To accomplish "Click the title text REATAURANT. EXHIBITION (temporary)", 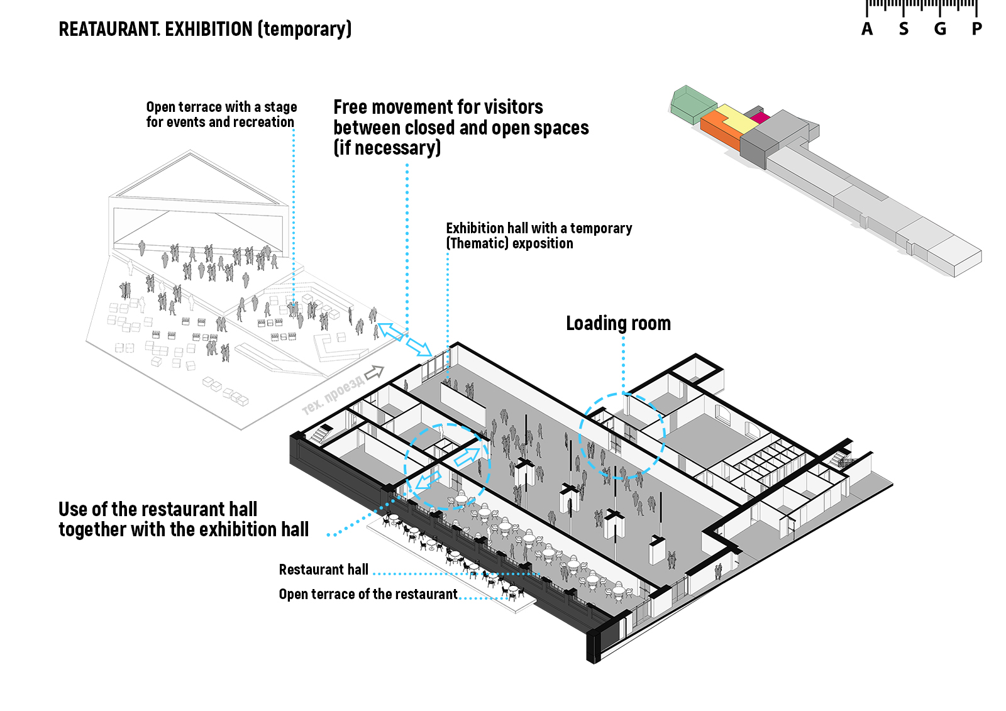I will (205, 29).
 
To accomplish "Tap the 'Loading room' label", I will (618, 323).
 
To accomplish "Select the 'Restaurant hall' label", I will (323, 570).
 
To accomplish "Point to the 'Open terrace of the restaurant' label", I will (368, 594).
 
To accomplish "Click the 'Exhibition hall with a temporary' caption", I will (539, 228).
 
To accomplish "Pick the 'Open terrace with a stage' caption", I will (221, 107).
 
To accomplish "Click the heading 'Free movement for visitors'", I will (438, 107).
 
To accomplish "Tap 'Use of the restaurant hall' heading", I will (158, 509).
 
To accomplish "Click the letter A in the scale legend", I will (867, 29).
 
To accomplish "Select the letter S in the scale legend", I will (904, 29).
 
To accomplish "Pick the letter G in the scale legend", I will (940, 29).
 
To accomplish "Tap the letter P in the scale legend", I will (976, 29).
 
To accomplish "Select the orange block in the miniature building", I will (719, 128).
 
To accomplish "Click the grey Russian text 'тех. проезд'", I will (333, 395).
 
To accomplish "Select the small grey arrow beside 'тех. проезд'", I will (375, 372).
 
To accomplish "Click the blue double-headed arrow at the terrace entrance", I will (404, 338).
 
